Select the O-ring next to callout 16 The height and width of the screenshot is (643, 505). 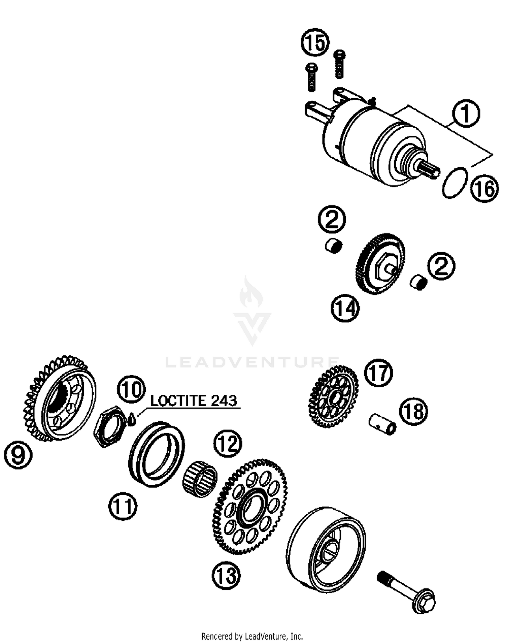[x=454, y=182]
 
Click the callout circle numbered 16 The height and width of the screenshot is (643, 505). [x=484, y=189]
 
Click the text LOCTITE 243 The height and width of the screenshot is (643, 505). [x=193, y=401]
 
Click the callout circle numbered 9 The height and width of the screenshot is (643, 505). [x=19, y=455]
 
